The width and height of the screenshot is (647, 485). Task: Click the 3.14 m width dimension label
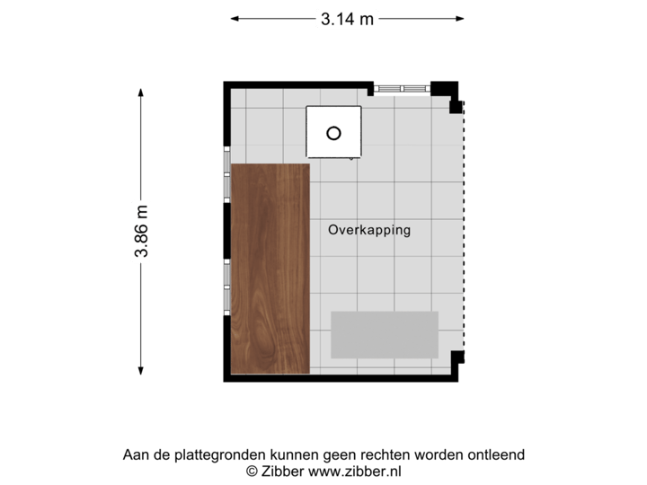tap(347, 17)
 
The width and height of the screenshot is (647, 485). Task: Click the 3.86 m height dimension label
tap(141, 231)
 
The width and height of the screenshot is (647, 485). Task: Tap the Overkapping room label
tap(369, 230)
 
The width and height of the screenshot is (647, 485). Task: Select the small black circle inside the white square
tap(333, 133)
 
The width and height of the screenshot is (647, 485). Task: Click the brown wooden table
tap(270, 269)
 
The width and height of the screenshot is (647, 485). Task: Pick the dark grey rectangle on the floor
tap(385, 334)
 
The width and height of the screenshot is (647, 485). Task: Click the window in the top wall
tap(402, 88)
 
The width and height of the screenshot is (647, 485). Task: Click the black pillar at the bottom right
tap(456, 357)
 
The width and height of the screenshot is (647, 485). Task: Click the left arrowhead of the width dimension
tap(235, 17)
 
